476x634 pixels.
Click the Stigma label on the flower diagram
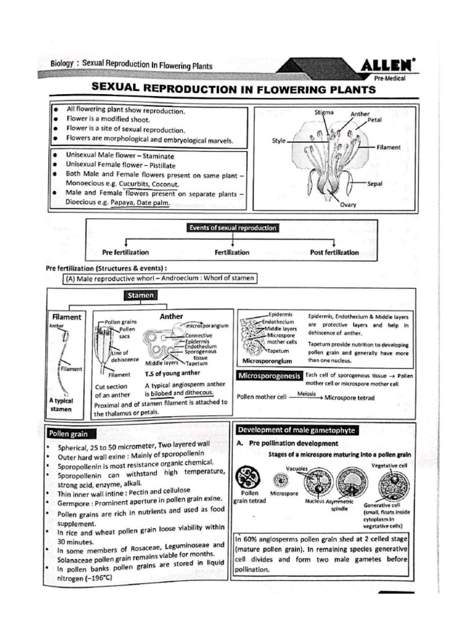[x=324, y=113]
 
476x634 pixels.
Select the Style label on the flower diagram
[x=278, y=141]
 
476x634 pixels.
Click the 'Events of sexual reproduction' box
[x=233, y=228]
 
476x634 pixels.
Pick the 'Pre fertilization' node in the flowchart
[x=126, y=253]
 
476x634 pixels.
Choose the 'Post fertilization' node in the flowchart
[x=334, y=253]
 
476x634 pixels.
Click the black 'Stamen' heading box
[x=141, y=296]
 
